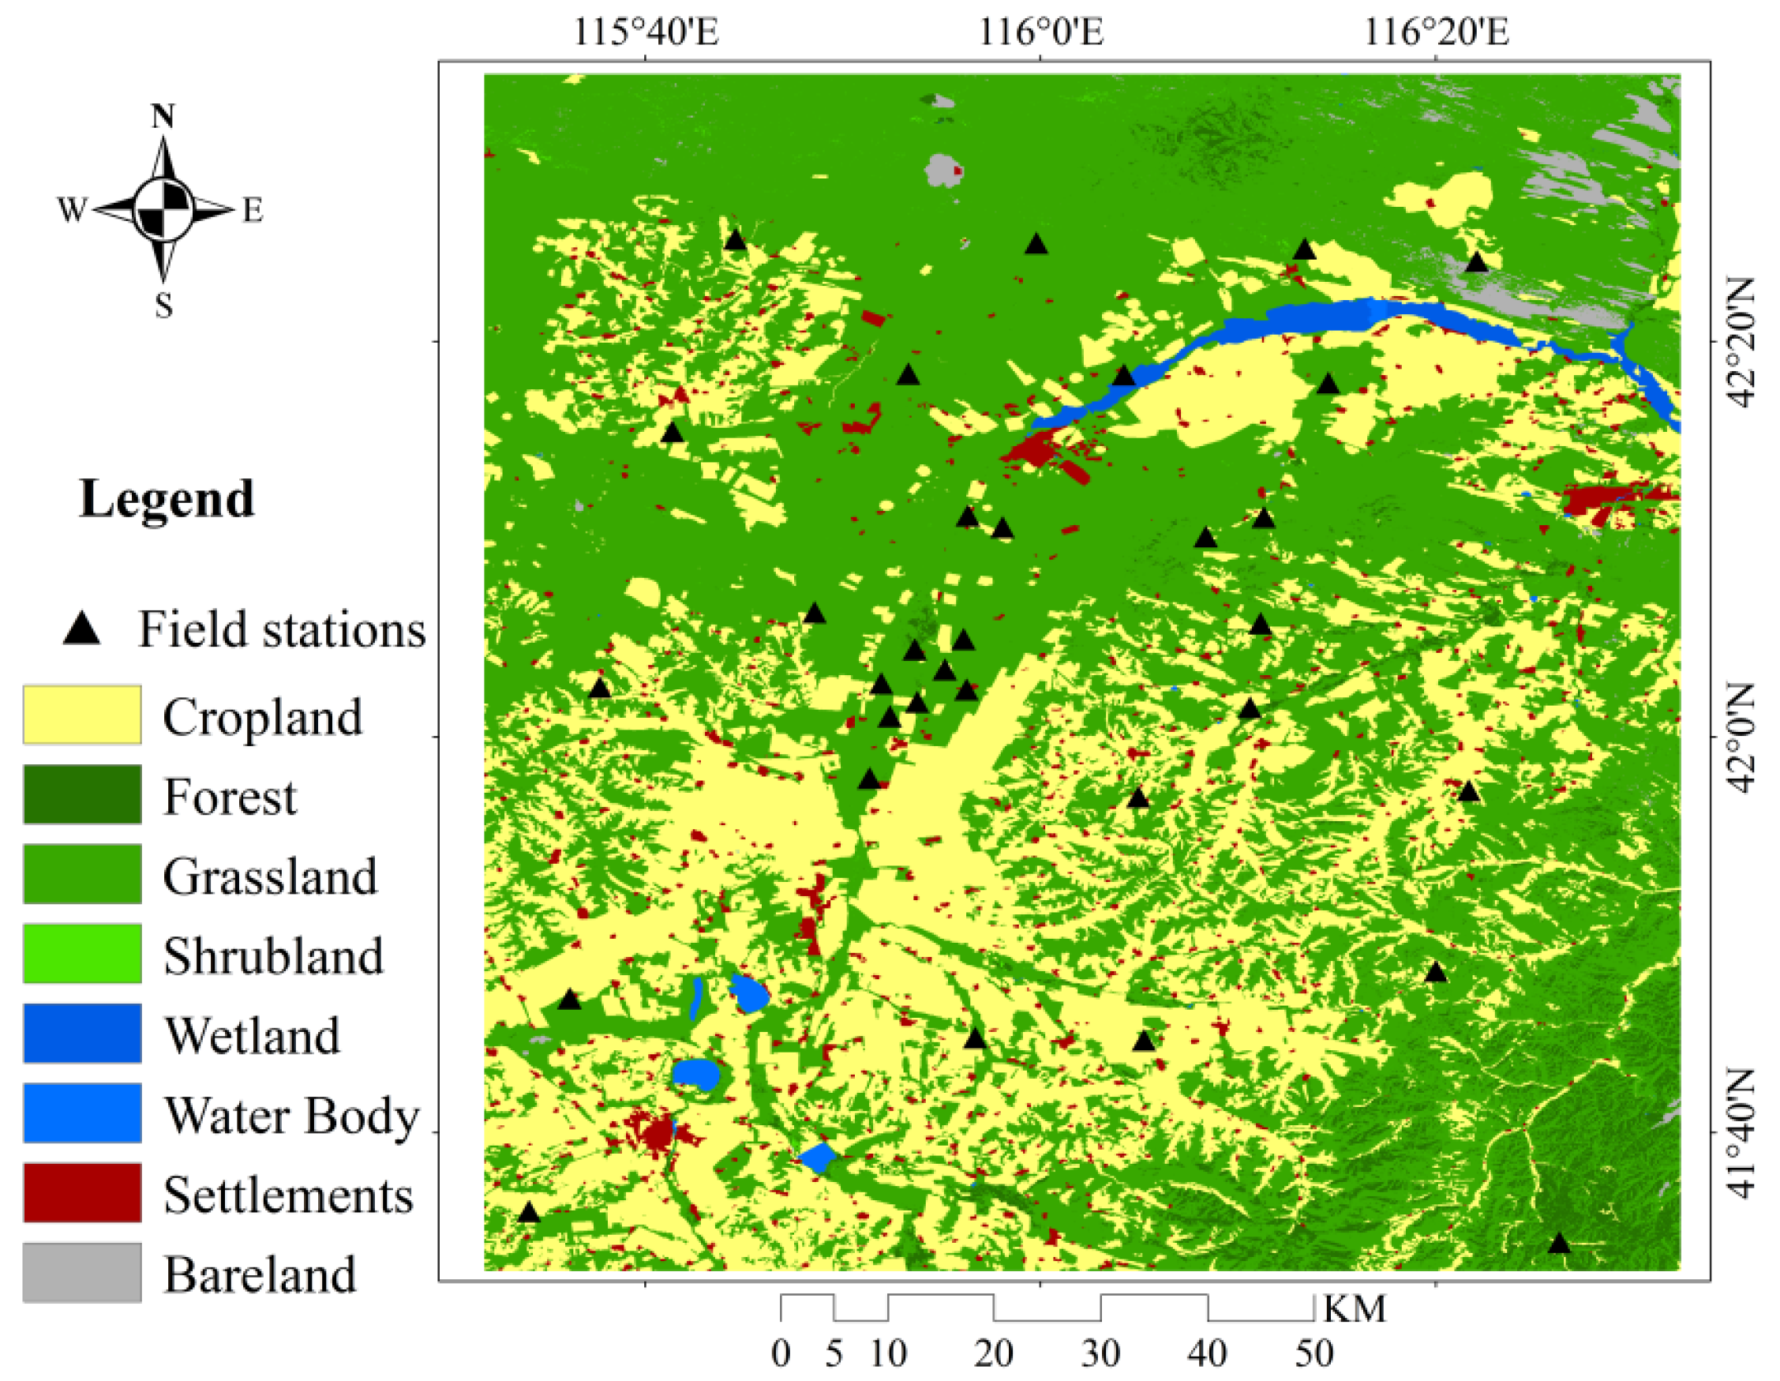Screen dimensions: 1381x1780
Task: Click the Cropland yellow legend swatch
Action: (x=81, y=715)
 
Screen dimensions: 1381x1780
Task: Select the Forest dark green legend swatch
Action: (x=81, y=794)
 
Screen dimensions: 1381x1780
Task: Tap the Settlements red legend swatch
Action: (x=81, y=1192)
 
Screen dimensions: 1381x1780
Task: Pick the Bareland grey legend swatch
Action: (x=81, y=1273)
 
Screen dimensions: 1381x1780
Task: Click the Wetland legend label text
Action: (x=252, y=1035)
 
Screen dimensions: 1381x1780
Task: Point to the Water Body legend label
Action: (x=291, y=1115)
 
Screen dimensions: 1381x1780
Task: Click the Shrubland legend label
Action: (x=272, y=955)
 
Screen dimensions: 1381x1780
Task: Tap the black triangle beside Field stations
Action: (x=81, y=629)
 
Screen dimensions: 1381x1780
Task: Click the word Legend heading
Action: (x=167, y=498)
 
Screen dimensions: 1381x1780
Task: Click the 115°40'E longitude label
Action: (x=646, y=32)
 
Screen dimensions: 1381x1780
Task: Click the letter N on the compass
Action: (x=163, y=117)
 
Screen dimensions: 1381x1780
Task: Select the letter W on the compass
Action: (x=71, y=210)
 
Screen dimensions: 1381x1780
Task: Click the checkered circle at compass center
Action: (x=163, y=209)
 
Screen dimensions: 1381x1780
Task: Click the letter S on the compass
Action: (x=164, y=306)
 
